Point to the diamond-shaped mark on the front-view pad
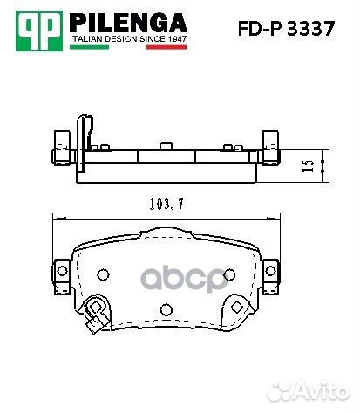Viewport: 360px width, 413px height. [234, 307]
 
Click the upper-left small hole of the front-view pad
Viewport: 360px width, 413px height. [102, 275]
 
